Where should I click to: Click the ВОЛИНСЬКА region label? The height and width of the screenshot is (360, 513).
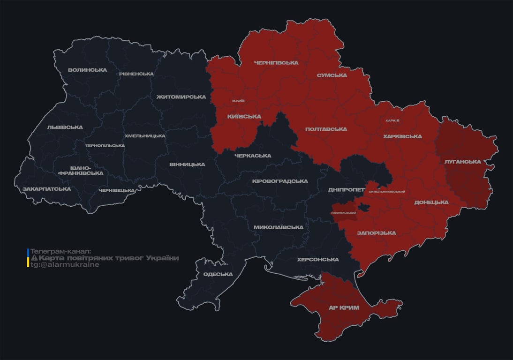click(x=87, y=70)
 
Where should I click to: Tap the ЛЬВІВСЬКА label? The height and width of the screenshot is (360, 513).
click(x=65, y=127)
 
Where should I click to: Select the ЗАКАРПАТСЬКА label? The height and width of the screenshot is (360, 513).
click(x=47, y=189)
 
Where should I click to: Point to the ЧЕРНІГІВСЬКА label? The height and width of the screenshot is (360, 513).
click(x=276, y=63)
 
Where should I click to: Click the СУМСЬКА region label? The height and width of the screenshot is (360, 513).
click(x=332, y=75)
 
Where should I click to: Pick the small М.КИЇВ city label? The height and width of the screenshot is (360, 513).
click(x=238, y=101)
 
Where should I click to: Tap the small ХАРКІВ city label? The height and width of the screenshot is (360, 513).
click(x=392, y=120)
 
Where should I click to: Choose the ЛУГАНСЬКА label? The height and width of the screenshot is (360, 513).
click(x=463, y=162)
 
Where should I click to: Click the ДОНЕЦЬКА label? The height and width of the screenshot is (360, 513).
click(x=431, y=202)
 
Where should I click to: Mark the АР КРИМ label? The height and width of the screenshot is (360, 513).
click(x=343, y=308)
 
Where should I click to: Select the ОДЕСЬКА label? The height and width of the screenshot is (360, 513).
click(x=218, y=275)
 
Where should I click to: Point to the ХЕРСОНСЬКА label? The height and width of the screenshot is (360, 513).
click(x=318, y=260)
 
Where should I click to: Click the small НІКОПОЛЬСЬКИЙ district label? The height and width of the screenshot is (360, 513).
click(x=344, y=213)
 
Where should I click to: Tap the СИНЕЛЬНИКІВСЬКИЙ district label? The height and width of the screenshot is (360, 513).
click(x=387, y=192)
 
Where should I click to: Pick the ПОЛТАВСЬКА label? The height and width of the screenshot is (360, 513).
click(x=326, y=129)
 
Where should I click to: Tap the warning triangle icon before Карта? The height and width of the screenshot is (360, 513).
click(x=34, y=258)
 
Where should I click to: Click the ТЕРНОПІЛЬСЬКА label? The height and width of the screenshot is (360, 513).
click(x=105, y=145)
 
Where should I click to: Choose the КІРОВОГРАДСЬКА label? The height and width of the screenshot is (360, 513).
click(x=280, y=181)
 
